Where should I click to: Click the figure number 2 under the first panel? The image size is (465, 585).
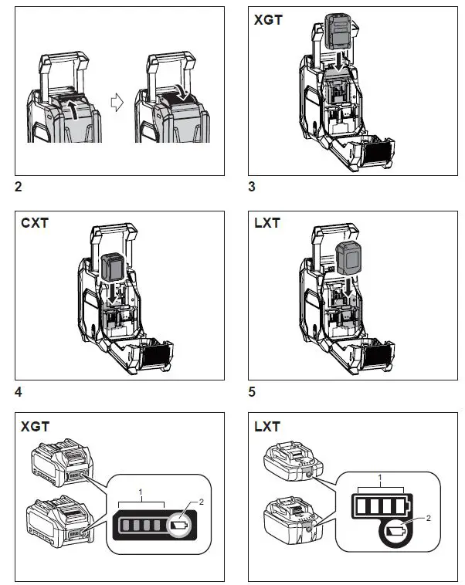tap(19, 186)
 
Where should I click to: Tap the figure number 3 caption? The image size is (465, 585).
tap(253, 186)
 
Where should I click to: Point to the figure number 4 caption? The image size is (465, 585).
tap(19, 391)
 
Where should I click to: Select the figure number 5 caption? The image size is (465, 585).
tap(253, 391)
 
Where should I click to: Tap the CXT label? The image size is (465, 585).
tap(36, 225)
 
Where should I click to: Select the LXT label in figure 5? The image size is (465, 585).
tap(267, 225)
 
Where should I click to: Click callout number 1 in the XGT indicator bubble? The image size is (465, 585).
tap(140, 491)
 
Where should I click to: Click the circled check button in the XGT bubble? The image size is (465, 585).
tap(182, 526)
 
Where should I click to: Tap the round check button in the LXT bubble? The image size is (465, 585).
tap(398, 533)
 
